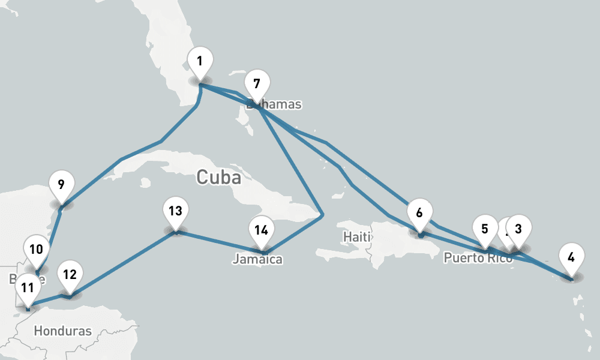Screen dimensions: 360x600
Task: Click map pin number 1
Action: point(200,61)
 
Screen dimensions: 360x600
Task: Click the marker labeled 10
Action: point(36,249)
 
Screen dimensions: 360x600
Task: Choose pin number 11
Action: point(27,287)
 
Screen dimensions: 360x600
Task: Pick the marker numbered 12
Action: point(70,275)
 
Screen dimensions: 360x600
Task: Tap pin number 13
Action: point(175,211)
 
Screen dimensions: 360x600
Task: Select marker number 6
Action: point(419,213)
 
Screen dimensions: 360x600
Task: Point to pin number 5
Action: point(485,229)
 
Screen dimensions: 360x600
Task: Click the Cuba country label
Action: point(218,177)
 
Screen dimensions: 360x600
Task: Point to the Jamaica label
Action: point(257,260)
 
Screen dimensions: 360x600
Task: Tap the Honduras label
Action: point(63,331)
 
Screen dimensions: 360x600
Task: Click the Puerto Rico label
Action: point(478,259)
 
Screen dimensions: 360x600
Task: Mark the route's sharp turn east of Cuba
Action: point(322,214)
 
